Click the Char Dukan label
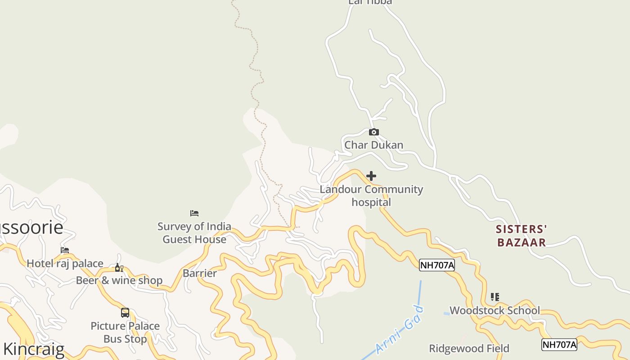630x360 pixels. (x=373, y=145)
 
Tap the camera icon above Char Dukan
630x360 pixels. (x=373, y=132)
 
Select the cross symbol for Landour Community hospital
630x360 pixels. (x=371, y=176)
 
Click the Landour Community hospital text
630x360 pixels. (x=371, y=196)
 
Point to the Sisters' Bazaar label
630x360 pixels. (x=521, y=236)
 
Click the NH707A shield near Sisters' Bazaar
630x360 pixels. (x=436, y=265)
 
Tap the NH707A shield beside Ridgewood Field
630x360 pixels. (x=559, y=345)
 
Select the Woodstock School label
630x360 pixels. (x=495, y=310)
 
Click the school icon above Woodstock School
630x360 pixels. (x=495, y=297)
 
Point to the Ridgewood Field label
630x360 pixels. (x=469, y=348)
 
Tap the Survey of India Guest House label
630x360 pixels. (x=194, y=233)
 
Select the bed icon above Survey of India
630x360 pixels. (x=194, y=213)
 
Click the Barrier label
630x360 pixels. (x=200, y=273)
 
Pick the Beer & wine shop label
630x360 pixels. (x=119, y=280)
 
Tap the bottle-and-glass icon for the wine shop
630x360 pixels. (x=119, y=268)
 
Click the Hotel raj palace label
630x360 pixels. (x=65, y=263)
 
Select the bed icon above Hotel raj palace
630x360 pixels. (x=65, y=250)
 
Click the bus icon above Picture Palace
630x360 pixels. (x=125, y=313)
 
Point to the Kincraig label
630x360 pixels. (x=34, y=349)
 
